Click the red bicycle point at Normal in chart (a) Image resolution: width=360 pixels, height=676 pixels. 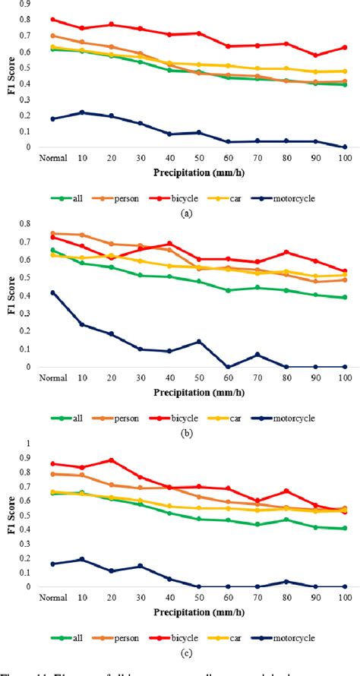pyautogui.click(x=52, y=20)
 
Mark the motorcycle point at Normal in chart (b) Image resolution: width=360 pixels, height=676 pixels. pyautogui.click(x=52, y=292)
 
